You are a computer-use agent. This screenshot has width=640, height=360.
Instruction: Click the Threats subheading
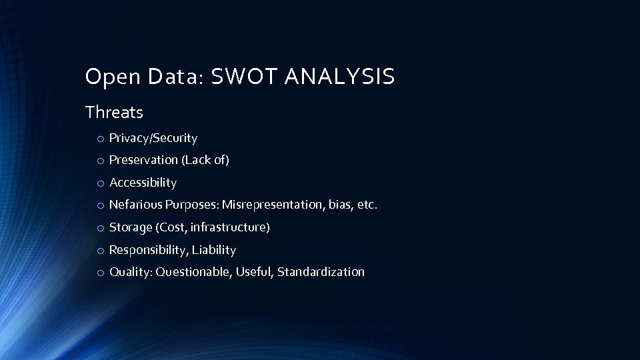click(114, 113)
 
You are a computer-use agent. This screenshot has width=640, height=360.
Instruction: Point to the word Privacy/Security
click(153, 139)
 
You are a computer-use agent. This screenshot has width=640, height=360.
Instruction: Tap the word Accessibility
click(143, 183)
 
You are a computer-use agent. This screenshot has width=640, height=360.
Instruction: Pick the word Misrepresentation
click(273, 205)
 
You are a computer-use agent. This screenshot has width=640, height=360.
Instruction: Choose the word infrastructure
click(229, 227)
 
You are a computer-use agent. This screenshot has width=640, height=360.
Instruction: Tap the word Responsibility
click(145, 250)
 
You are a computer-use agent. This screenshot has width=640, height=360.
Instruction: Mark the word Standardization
click(321, 272)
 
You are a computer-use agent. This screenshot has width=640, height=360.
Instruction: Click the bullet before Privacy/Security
click(99, 139)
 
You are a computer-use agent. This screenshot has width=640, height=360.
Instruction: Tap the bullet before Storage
click(99, 228)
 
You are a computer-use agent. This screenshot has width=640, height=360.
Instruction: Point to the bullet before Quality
click(99, 273)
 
